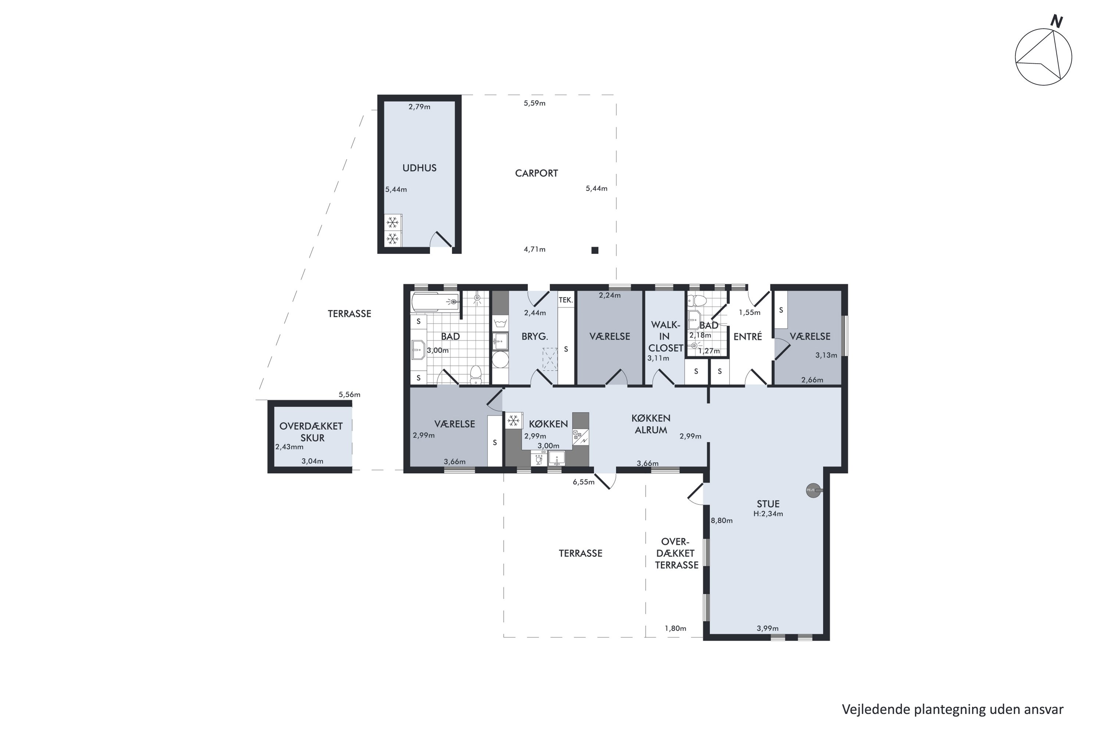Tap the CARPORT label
pos(536,173)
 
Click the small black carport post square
pos(595,250)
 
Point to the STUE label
pos(768,504)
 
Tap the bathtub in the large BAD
pos(435,302)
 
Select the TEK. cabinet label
pos(565,300)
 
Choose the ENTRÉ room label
pos(747,337)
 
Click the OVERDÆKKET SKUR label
pos(311,432)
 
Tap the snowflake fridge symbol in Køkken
pos(514,421)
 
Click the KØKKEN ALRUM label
pos(651,424)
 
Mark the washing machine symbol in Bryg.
pos(500,323)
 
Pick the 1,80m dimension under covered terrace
pos(675,629)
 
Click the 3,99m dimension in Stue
pos(768,629)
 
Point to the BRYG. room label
pos(535,337)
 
